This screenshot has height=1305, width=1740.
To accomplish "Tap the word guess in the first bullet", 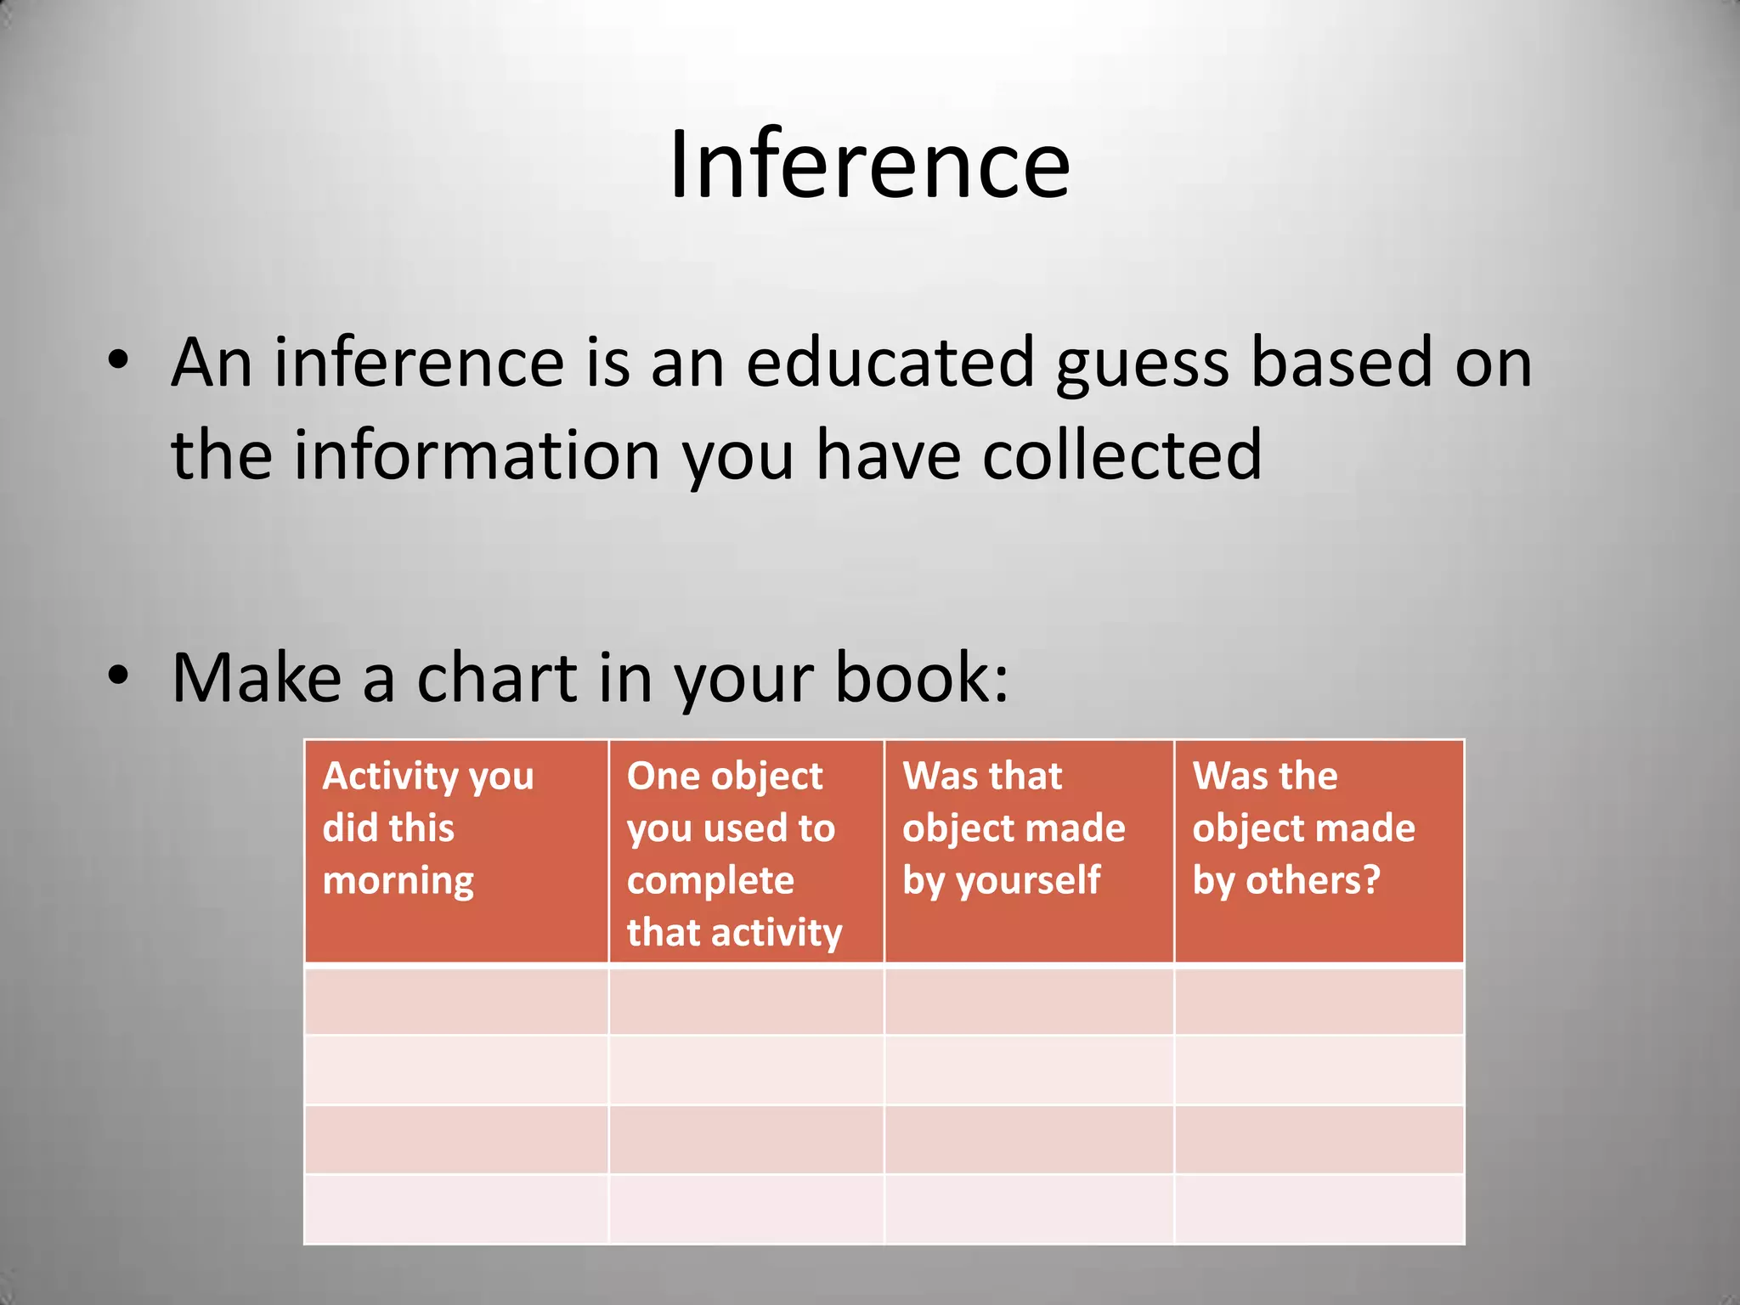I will [x=1143, y=364].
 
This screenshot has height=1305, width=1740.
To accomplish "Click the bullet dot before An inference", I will [x=118, y=360].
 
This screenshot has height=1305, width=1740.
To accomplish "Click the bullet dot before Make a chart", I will [x=118, y=675].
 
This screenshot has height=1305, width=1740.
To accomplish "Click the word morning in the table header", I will [x=398, y=881].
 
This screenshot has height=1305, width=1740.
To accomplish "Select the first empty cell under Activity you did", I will [x=456, y=1000].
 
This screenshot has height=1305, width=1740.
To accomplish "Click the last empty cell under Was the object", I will [x=1319, y=1209].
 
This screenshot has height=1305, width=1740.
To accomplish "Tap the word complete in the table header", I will [x=710, y=881].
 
